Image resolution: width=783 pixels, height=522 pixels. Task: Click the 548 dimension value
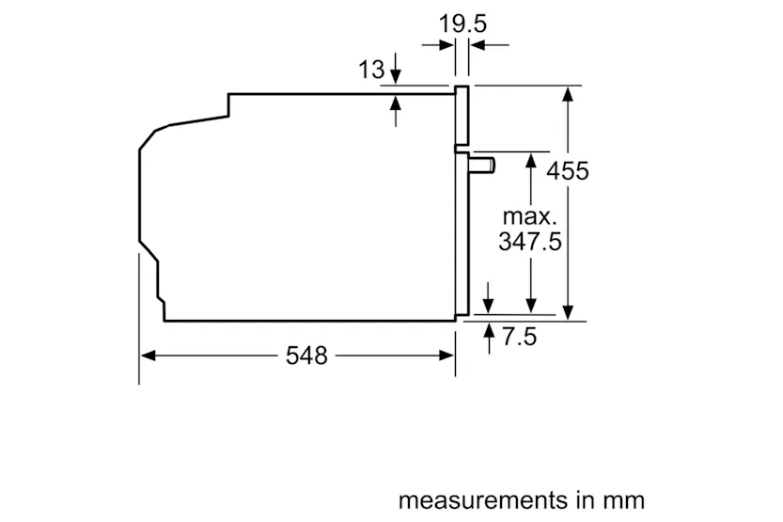pyautogui.click(x=307, y=356)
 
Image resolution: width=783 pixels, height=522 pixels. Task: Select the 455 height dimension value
pyautogui.click(x=568, y=171)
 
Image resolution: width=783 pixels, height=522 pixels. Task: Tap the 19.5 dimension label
pyautogui.click(x=463, y=24)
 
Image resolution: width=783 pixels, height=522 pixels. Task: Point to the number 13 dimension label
pyautogui.click(x=371, y=69)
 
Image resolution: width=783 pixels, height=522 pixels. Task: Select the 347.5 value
pyautogui.click(x=530, y=241)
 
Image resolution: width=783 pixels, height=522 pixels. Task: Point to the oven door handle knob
pyautogui.click(x=482, y=166)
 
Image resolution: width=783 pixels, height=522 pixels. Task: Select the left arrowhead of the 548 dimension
pyautogui.click(x=147, y=356)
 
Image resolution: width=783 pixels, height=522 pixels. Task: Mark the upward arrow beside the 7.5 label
pyautogui.click(x=489, y=330)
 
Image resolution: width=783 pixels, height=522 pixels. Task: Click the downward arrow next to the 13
pyautogui.click(x=396, y=76)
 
